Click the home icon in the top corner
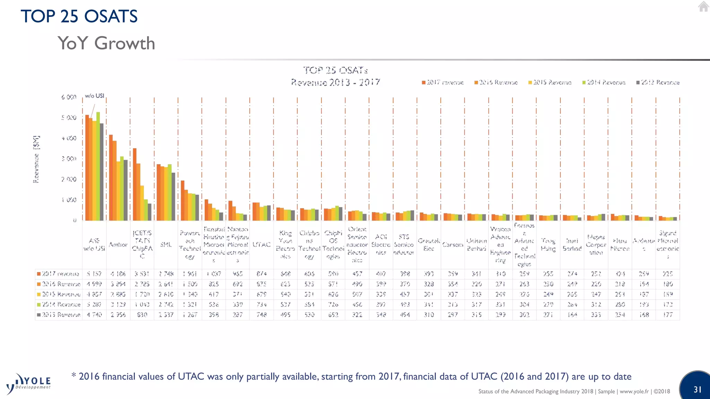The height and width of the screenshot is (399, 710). tap(703, 7)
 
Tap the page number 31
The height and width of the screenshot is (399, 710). tap(698, 389)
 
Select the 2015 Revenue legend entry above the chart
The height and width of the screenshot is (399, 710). tap(550, 82)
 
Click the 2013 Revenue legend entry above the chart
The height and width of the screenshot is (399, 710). tap(658, 82)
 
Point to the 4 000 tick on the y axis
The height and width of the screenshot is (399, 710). tap(69, 138)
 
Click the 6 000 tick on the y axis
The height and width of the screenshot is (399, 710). tap(69, 97)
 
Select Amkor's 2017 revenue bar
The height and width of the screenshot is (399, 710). tap(111, 177)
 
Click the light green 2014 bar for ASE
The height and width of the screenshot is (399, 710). tap(98, 166)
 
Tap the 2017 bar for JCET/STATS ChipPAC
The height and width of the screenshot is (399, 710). tap(135, 184)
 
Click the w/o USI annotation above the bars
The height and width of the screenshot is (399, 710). tap(94, 96)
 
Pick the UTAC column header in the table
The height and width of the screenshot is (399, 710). tap(261, 245)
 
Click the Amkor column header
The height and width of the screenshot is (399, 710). tap(118, 245)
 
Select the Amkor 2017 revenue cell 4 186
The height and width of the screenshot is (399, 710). tap(118, 274)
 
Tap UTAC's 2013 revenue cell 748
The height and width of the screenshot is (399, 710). tap(261, 315)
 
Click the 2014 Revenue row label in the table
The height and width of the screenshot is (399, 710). tap(59, 304)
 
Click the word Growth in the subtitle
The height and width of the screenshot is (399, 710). tap(124, 43)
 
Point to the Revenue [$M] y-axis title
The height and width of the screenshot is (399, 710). tap(36, 159)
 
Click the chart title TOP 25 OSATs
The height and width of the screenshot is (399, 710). tap(335, 70)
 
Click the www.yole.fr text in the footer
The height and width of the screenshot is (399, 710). tap(634, 391)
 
